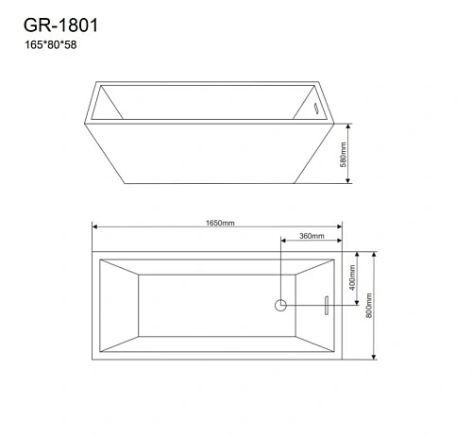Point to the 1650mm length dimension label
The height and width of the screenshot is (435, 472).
point(218,224)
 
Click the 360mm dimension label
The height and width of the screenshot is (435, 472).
point(311,236)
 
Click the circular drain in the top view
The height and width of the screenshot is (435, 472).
point(280,305)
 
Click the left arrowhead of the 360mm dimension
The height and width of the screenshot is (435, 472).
point(282,241)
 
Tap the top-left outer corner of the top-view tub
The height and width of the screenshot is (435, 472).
point(93,252)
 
